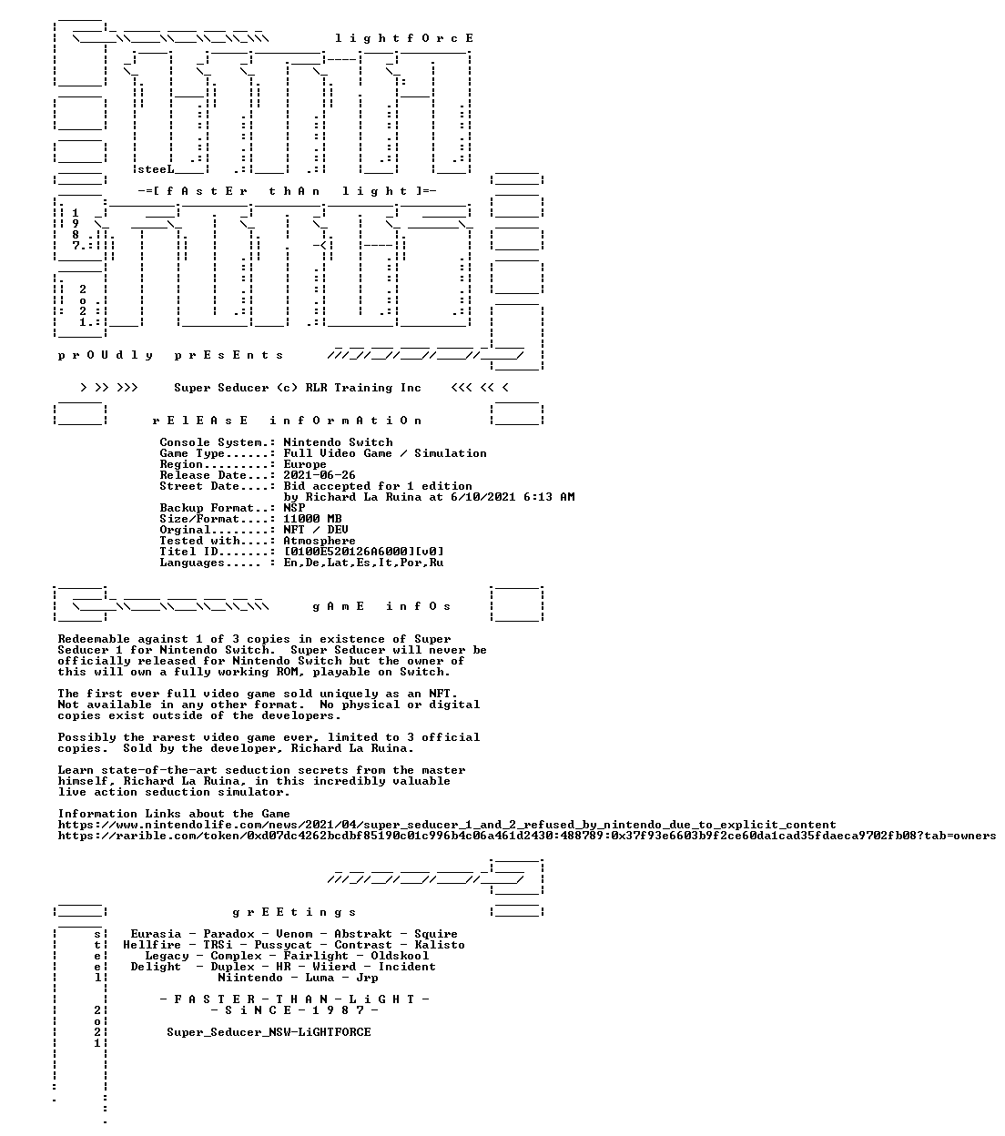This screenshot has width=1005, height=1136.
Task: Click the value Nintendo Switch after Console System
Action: coord(338,442)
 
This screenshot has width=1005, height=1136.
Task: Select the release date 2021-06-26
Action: coord(320,475)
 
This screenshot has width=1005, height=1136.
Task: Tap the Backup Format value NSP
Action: coord(294,508)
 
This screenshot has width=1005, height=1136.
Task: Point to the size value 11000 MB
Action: coord(312,519)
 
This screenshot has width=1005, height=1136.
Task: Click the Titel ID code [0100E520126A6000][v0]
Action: coord(363,552)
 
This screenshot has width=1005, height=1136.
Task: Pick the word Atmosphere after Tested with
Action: coord(320,541)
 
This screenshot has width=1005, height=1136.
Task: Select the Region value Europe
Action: coord(305,464)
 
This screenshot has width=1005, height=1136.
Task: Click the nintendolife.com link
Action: coord(446,825)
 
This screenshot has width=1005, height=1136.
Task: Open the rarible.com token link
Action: coord(526,836)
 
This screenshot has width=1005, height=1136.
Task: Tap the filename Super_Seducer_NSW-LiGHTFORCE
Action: coord(269,1032)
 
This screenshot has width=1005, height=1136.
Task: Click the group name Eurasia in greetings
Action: coord(156,934)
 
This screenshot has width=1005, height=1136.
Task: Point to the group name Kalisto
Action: coord(440,945)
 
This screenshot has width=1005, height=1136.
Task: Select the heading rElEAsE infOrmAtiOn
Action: coord(287,421)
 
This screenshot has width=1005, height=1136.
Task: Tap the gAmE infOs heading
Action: coord(381,606)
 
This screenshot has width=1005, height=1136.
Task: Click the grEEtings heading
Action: coord(294,912)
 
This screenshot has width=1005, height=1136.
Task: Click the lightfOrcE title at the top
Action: coord(404,38)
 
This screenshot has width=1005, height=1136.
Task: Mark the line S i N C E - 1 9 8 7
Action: coord(294,1010)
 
